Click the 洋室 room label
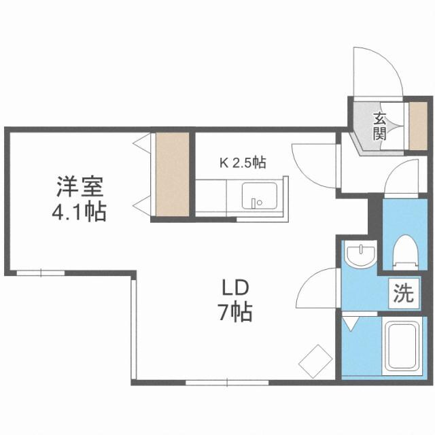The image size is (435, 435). click(x=80, y=185)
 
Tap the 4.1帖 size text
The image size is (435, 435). click(x=80, y=212)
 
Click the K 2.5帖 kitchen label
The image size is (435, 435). click(x=242, y=163)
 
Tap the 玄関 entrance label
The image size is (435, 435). click(x=379, y=125)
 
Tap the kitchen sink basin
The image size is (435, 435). click(x=258, y=196)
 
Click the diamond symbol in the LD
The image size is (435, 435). click(x=313, y=360)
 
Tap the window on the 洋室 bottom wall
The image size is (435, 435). click(x=41, y=273)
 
